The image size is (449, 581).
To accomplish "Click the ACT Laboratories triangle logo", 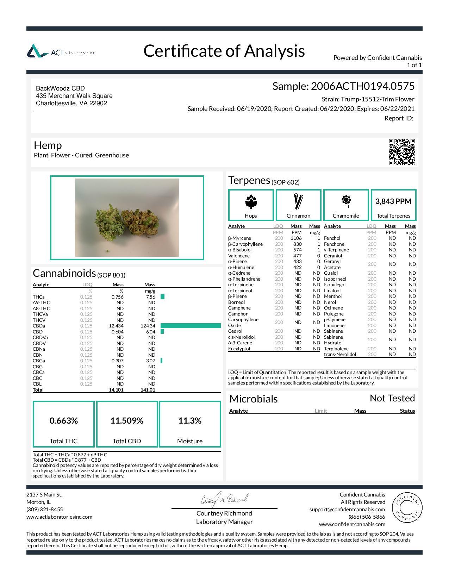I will (38, 51).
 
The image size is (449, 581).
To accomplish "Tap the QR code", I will (401, 152).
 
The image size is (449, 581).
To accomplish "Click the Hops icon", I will (251, 201).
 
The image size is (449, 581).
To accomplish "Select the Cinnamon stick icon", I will (298, 201).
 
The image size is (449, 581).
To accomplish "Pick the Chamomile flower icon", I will (346, 201).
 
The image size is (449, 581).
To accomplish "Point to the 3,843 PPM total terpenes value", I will (393, 201).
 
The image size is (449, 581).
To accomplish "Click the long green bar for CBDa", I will (191, 326).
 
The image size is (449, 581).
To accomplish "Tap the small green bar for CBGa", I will (162, 361).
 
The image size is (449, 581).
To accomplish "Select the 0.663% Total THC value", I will (64, 421).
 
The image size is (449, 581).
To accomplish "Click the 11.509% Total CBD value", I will (127, 421).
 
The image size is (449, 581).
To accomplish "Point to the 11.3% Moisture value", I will (190, 421).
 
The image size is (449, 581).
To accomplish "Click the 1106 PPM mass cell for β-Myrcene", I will (296, 238).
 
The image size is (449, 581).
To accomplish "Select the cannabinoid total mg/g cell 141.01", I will (148, 390).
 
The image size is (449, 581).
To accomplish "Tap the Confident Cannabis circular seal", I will (407, 507).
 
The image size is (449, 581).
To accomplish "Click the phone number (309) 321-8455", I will (45, 510).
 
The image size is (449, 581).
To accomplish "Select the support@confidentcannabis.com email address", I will (347, 510).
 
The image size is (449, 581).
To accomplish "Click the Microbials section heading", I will (254, 399).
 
